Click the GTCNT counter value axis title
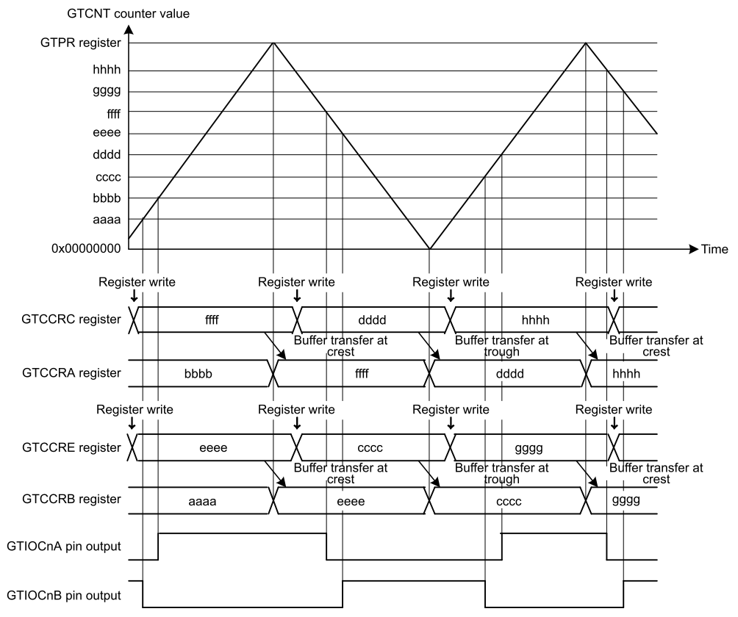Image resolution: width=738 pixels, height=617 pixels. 128,13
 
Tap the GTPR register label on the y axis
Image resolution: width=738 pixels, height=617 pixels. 80,43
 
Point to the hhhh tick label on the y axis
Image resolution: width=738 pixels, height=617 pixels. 107,70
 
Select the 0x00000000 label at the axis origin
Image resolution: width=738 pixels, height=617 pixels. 86,248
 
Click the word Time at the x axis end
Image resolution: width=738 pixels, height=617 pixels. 714,249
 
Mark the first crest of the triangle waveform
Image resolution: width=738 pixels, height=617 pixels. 273,43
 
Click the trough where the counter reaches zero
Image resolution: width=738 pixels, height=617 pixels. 429,248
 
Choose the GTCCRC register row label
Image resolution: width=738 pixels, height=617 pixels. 71,320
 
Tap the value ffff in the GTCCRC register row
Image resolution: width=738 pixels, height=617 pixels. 212,320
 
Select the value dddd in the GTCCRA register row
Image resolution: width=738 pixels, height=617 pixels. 509,374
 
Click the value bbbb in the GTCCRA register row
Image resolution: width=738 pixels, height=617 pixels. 198,374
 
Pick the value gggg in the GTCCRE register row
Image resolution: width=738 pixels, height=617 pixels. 529,448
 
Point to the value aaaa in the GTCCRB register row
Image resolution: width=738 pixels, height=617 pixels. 202,502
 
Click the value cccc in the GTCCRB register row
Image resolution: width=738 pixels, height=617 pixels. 509,502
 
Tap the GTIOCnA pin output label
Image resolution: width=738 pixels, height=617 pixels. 64,546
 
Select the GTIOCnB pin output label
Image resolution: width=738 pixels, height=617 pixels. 64,596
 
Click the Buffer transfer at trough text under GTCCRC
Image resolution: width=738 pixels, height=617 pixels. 502,346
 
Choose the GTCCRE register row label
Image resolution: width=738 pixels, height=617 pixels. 71,447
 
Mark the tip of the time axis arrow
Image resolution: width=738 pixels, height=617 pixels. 698,249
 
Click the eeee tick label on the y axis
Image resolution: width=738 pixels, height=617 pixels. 107,133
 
